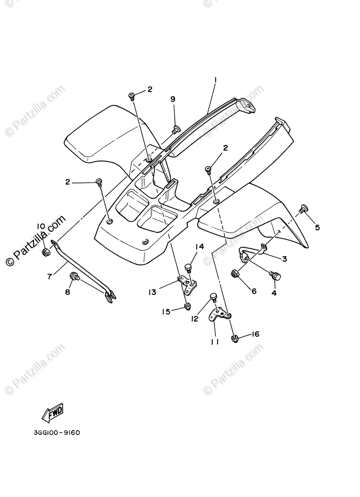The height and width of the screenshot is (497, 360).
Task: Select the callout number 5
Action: click(317, 227)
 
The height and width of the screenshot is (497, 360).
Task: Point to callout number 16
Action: click(255, 334)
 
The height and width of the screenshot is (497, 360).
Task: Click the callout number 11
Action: click(215, 341)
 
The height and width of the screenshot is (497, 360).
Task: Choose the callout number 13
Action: click(153, 292)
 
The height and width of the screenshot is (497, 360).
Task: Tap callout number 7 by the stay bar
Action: click(50, 276)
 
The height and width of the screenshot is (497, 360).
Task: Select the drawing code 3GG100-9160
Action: click(57, 433)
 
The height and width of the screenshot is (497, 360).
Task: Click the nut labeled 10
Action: click(46, 252)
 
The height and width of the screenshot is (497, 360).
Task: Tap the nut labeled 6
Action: click(235, 273)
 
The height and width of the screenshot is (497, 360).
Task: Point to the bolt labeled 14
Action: click(188, 267)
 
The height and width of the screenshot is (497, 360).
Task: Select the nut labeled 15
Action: click(187, 306)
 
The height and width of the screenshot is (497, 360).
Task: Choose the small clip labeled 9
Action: click(175, 129)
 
